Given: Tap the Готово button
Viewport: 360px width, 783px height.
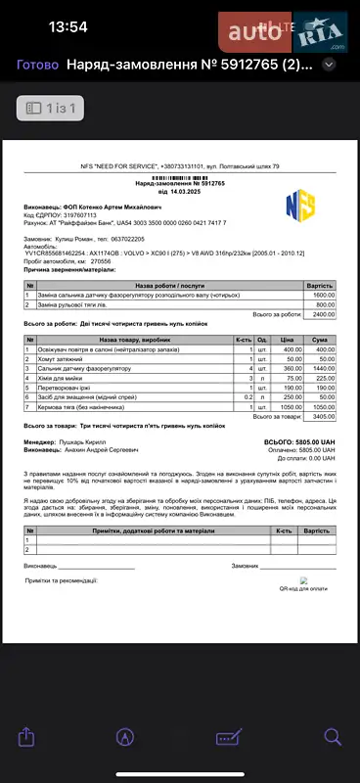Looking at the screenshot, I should [x=38, y=65].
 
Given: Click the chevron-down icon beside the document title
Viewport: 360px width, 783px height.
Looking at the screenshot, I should [x=330, y=65].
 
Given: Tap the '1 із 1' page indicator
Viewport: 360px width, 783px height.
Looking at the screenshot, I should [x=54, y=107].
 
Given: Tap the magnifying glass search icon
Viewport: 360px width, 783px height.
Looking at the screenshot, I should [x=332, y=735].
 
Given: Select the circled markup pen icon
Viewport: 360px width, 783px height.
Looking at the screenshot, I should [x=125, y=736].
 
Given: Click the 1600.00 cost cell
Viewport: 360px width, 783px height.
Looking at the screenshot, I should [x=323, y=295].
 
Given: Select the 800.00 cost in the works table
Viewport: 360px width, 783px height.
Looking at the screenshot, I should [x=324, y=304].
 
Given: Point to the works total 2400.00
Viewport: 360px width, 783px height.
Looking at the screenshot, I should [x=323, y=314].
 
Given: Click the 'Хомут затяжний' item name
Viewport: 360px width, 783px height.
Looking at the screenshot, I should [x=60, y=360].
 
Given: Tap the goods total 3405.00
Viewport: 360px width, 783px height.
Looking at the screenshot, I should [x=323, y=416].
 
